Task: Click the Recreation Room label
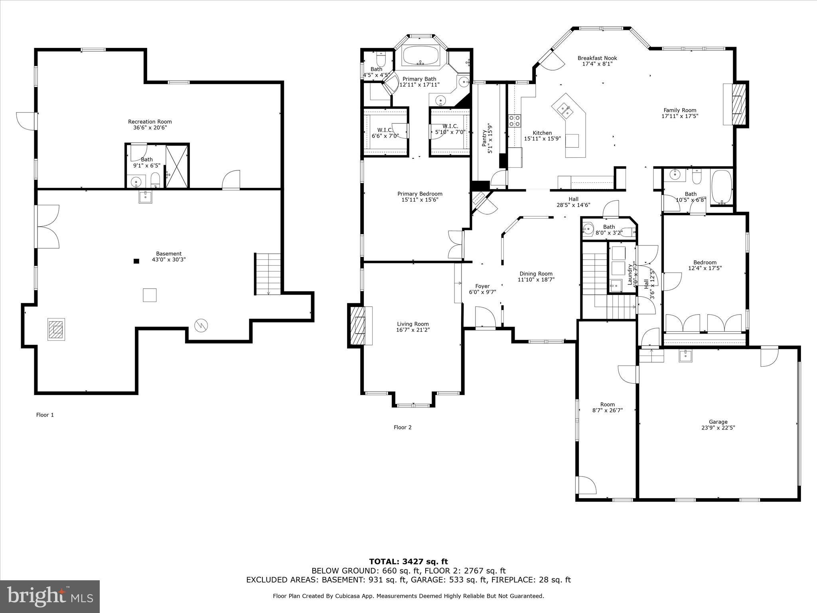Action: [150, 125]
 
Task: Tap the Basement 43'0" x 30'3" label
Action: [169, 257]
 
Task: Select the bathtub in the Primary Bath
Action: [420, 56]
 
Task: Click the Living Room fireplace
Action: [359, 325]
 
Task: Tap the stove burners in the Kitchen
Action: [514, 121]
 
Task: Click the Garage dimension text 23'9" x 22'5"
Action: [718, 427]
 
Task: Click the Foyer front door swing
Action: [485, 317]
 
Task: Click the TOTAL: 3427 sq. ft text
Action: [408, 562]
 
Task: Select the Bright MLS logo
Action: [50, 597]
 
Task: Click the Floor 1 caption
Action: [45, 415]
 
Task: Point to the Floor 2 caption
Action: [403, 427]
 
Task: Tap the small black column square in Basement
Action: [136, 261]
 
